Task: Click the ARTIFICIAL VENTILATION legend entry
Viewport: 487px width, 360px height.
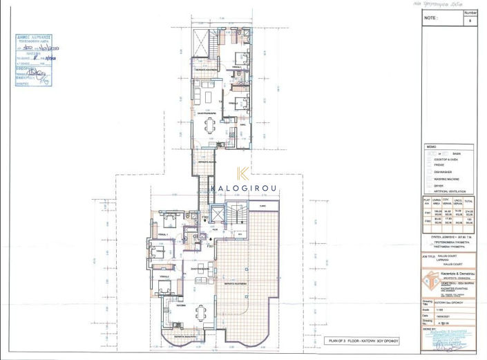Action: click(458, 191)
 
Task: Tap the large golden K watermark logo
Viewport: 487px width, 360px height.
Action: click(243, 178)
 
